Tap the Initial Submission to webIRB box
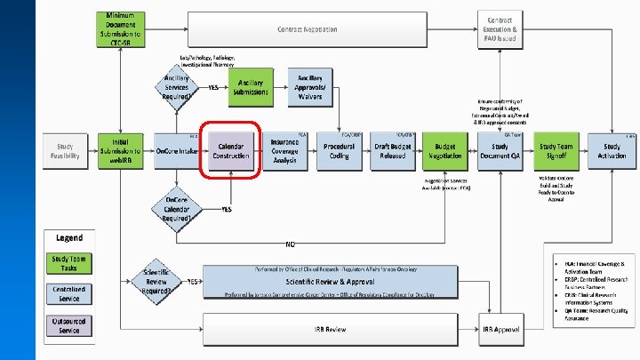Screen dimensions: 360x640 point(120,151)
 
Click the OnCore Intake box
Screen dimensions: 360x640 point(176,151)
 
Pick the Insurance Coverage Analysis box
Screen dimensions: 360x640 point(284,150)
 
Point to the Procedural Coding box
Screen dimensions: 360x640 point(340,151)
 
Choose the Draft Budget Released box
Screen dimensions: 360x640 point(392,151)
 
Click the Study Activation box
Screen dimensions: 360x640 point(612,151)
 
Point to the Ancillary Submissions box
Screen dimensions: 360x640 point(251,87)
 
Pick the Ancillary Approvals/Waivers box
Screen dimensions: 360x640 point(310,87)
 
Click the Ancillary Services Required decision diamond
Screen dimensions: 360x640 point(177,88)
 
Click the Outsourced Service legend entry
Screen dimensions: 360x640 point(70,325)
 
